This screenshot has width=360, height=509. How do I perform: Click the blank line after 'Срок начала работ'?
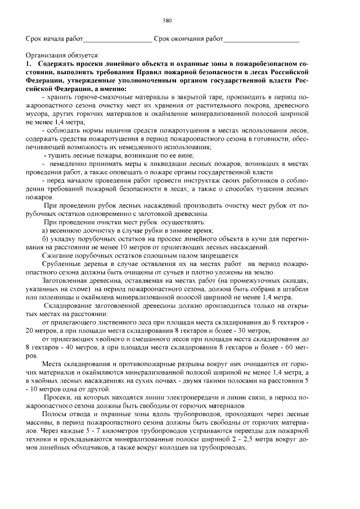click(x=118, y=42)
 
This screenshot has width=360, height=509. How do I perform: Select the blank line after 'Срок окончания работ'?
click(x=261, y=42)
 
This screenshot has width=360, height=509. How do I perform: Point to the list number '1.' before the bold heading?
click(x=29, y=65)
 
